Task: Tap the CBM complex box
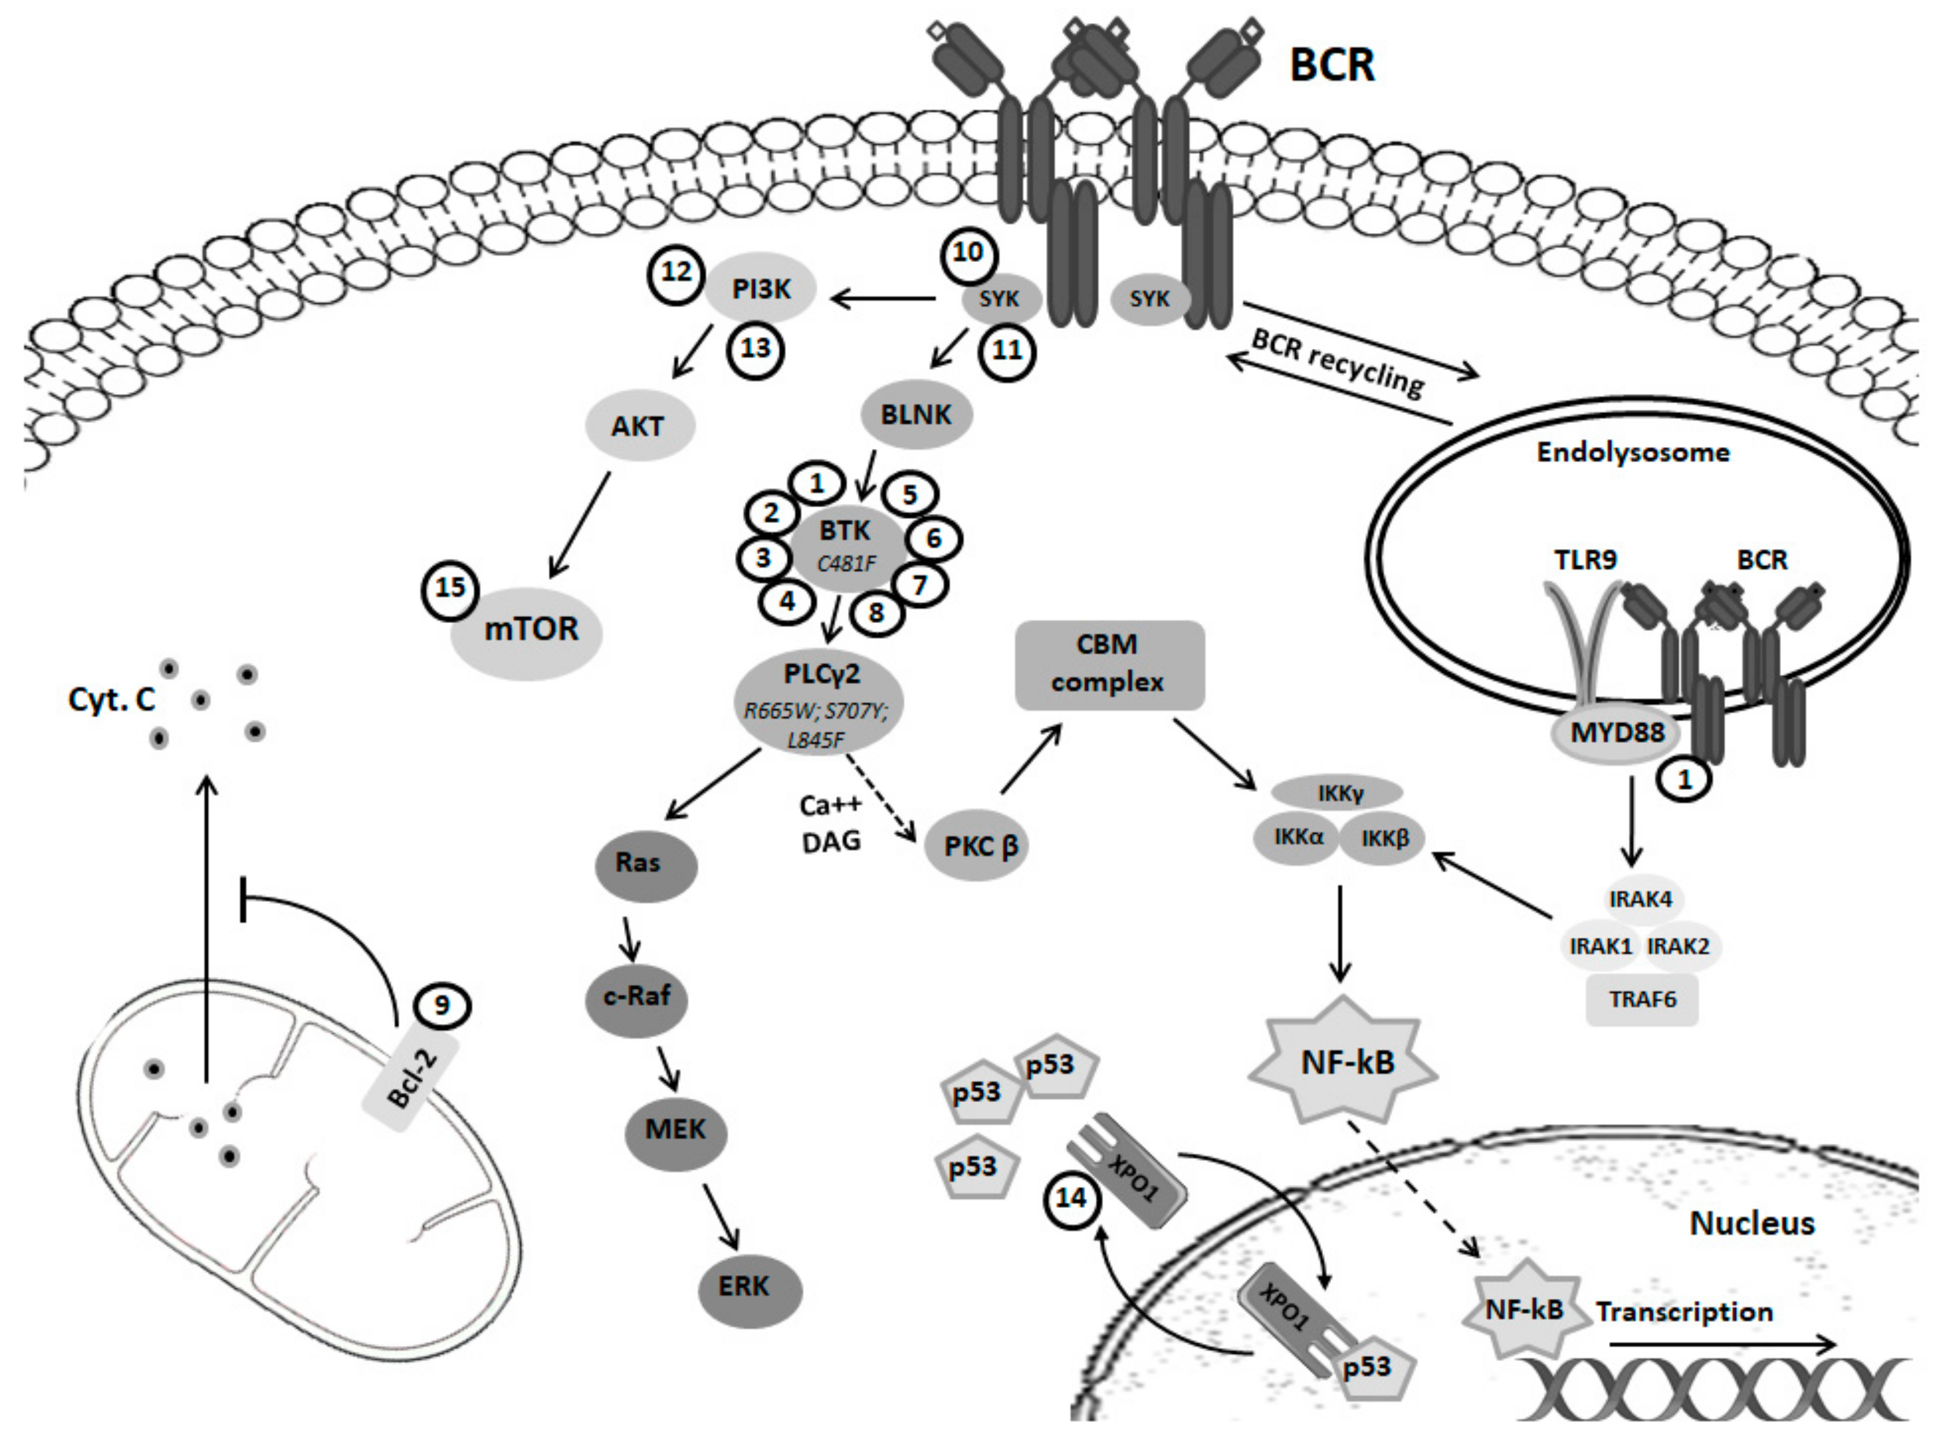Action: (x=1108, y=664)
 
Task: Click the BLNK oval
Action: (x=916, y=414)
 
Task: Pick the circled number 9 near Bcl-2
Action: (x=442, y=1005)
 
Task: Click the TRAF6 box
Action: (x=1642, y=999)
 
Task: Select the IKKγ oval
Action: (x=1338, y=794)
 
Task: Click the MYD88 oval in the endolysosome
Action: (x=1617, y=732)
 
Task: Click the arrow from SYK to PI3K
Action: (x=883, y=300)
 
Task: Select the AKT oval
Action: (x=638, y=426)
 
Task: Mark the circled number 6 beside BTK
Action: (x=933, y=539)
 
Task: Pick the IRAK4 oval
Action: (x=1640, y=898)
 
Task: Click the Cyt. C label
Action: (x=112, y=699)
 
